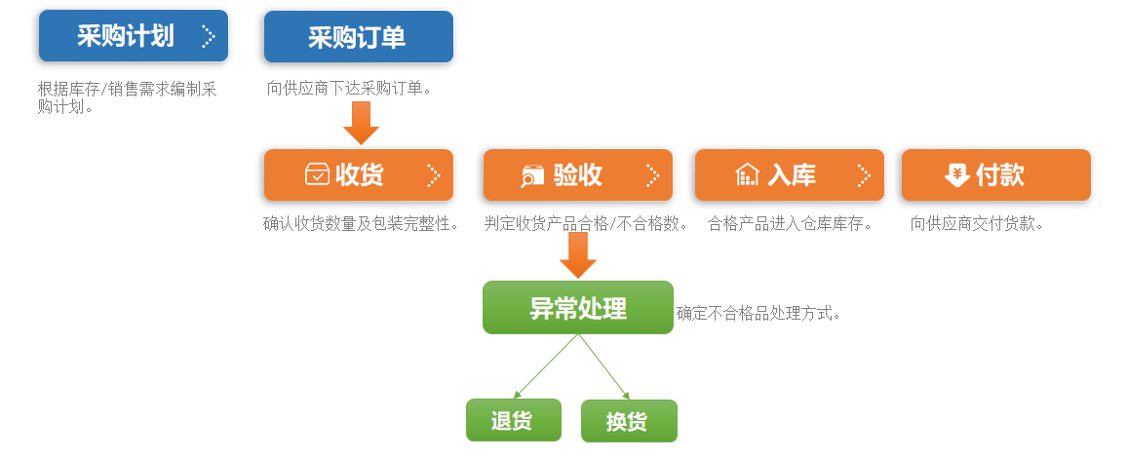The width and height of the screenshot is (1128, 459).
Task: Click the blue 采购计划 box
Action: pos(134,36)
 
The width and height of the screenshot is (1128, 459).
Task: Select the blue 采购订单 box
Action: pos(358,37)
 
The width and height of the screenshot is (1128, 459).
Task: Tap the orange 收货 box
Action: pos(358,174)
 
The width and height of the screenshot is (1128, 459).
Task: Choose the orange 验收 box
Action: pos(578,174)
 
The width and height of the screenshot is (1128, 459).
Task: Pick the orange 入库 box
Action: pos(789,174)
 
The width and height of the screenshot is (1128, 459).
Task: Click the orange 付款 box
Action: pos(996,174)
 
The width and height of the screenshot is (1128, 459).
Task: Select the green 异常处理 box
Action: pos(578,307)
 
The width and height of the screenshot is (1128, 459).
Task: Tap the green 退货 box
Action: pos(514,420)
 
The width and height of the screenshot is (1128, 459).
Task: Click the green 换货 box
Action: pos(630,421)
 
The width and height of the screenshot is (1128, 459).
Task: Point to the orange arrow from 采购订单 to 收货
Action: pos(361,123)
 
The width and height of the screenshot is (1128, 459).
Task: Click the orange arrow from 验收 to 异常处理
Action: pos(578,254)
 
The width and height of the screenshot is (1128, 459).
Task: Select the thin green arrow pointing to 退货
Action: pos(546,366)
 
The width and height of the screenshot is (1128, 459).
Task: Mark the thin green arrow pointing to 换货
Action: pos(604,367)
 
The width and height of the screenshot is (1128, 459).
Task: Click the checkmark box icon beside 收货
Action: pos(317,174)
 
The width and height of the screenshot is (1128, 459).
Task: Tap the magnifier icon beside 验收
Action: pos(533,175)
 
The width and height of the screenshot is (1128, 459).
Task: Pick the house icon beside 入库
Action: pos(748,174)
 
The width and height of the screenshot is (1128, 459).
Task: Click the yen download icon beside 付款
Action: pos(956,174)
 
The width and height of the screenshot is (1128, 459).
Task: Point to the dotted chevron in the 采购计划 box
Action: pos(208,36)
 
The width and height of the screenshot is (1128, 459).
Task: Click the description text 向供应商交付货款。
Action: pos(977,224)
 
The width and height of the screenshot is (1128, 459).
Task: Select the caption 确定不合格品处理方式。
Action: pos(758,313)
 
